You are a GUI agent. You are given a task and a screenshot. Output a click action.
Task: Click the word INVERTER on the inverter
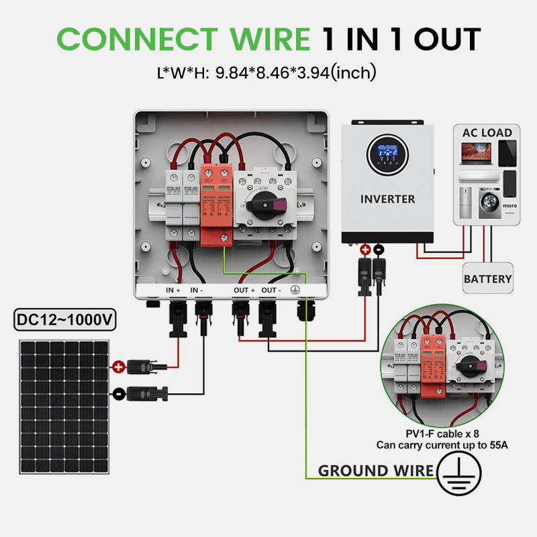[x=387, y=199]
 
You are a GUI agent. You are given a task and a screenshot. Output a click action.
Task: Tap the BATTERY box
[x=488, y=279]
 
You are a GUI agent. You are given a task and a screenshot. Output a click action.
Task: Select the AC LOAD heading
[x=487, y=132]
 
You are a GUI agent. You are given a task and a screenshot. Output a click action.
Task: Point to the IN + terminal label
[x=174, y=290]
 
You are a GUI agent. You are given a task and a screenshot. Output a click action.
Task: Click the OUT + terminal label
[x=244, y=290]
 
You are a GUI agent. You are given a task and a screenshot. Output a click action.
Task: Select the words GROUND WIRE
[x=376, y=471]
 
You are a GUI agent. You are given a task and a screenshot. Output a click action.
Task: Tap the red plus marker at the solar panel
[x=118, y=367]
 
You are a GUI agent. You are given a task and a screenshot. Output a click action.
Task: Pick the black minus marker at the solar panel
[x=118, y=393]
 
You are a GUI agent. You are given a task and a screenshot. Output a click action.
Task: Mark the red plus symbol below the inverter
[x=366, y=250]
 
